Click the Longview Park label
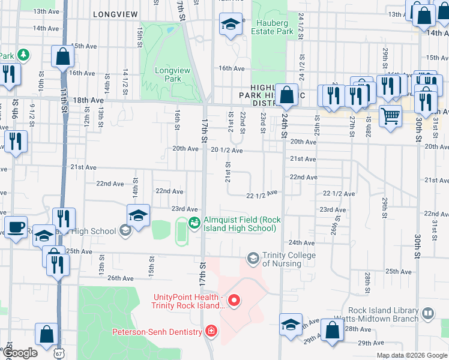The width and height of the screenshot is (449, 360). pos(168,74)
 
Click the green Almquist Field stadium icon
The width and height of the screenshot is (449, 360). pos(194,224)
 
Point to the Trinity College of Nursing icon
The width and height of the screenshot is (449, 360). pos(253,258)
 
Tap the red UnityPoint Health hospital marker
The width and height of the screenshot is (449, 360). pos(235,300)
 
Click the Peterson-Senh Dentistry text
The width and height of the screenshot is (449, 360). pos(157,331)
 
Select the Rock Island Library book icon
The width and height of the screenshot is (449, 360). pos(427,313)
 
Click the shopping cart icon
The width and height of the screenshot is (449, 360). pos(391,115)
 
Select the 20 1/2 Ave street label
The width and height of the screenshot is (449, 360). pos(227,151)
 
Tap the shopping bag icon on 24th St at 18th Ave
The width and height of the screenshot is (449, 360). pos(288,94)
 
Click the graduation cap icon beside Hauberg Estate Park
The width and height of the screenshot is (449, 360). pos(229,25)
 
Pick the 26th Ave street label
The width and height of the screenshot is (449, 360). pos(120,278)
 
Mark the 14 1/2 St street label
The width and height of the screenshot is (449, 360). pos(125,80)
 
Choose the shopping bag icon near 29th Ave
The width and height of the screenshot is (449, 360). pos(331,331)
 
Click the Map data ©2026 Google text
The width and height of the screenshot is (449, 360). pos(411,355)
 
